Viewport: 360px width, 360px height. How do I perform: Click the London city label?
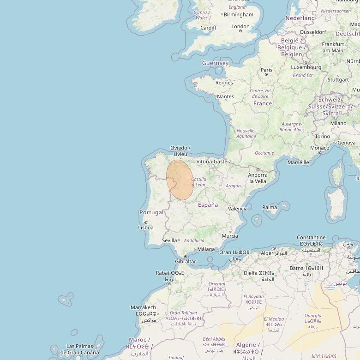(240, 26)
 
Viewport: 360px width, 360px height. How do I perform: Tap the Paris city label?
(266, 70)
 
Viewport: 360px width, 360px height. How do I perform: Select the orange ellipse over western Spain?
(180, 180)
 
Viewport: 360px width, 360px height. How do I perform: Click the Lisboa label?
(146, 227)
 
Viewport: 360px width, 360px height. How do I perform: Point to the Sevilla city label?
(169, 240)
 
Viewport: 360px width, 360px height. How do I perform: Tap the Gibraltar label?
(186, 261)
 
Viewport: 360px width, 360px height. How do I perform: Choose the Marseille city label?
(298, 162)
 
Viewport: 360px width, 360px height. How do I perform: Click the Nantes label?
(225, 96)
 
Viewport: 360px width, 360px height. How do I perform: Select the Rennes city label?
(224, 83)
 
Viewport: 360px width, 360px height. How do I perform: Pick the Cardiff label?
(208, 28)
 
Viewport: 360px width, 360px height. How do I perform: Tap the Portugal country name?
(151, 212)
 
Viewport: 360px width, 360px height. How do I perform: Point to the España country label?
(208, 204)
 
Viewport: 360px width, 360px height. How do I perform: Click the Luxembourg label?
(306, 67)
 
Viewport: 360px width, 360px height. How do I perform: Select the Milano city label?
(338, 123)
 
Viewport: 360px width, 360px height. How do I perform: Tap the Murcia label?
(230, 236)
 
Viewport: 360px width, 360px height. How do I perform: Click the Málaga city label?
(206, 249)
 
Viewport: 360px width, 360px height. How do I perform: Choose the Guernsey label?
(215, 63)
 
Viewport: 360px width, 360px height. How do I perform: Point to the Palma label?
(270, 207)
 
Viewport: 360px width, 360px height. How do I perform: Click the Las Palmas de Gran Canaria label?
(79, 349)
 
